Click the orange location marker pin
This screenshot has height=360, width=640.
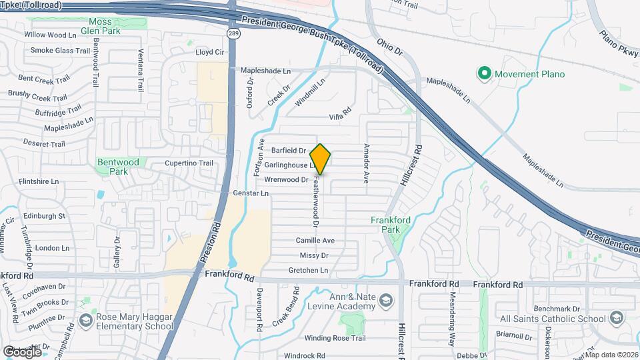click(321, 159)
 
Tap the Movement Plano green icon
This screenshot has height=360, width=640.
click(485, 73)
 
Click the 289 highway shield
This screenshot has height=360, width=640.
click(232, 33)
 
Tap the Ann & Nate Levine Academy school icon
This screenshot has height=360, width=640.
click(385, 301)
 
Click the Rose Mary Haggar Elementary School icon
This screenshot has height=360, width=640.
click(85, 321)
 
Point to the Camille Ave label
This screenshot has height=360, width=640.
click(315, 240)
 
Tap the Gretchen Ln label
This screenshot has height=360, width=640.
click(308, 270)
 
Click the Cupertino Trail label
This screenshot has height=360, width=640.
click(189, 163)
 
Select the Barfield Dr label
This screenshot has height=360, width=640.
click(289, 151)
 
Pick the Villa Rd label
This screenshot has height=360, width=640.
click(340, 117)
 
